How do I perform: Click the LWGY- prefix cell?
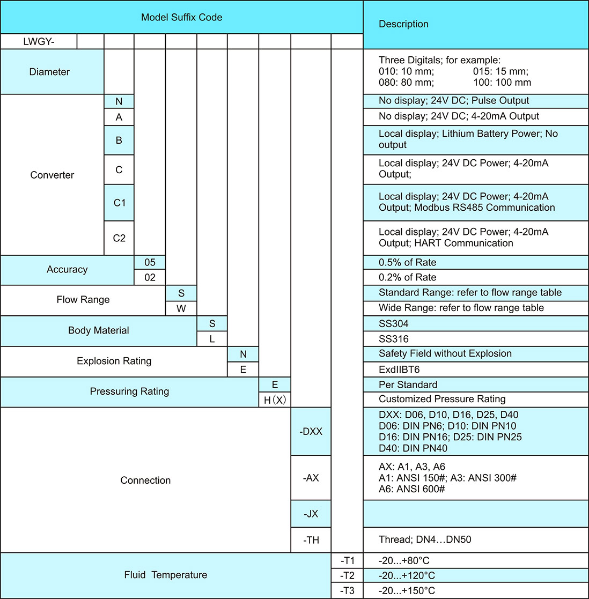pos(38,42)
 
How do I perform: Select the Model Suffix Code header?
pos(181,17)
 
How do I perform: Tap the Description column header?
pos(403,24)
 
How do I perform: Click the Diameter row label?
pos(50,72)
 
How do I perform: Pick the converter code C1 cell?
pos(119,203)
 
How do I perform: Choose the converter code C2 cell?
pos(119,238)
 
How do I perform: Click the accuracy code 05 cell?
pos(150,262)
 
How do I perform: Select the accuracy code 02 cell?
pos(150,277)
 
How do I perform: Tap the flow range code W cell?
pos(181,308)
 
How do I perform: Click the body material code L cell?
pos(212,339)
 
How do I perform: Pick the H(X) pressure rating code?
pos(275,400)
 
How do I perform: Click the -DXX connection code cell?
pos(311,431)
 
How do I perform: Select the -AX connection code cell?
pos(311,478)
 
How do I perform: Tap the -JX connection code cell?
pos(311,514)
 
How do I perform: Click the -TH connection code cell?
pos(311,540)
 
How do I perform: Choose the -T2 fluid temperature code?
pos(348,575)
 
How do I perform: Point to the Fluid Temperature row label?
pos(165,575)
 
